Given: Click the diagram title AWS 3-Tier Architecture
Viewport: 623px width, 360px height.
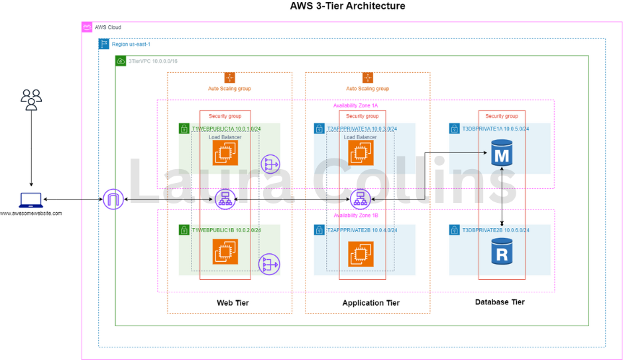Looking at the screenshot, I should coord(347,7).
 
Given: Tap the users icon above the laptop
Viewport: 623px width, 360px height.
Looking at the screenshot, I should coord(31,99).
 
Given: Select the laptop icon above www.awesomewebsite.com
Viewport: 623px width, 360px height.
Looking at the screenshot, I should coord(30,200).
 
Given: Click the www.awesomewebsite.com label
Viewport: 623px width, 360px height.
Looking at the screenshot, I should coord(30,213).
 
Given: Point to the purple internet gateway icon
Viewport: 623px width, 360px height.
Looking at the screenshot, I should coord(113,200).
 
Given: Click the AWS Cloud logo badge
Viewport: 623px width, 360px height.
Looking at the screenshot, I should coord(87,27).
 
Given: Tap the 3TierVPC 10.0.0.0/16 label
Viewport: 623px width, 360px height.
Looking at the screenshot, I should coord(148,61).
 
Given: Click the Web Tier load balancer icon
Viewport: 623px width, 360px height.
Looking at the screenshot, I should coord(225,199).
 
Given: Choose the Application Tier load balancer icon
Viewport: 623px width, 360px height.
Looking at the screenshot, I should coord(360,199).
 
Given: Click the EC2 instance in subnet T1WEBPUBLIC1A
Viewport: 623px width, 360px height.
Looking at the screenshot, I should coord(225,153).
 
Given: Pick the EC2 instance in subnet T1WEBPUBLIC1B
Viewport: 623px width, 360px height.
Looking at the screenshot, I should coord(225,252).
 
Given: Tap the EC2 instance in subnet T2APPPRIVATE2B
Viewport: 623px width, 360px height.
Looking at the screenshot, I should coord(360,252).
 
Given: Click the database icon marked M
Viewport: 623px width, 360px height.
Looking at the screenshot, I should coord(502,155).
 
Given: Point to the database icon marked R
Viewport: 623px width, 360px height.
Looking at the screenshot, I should coord(502,252).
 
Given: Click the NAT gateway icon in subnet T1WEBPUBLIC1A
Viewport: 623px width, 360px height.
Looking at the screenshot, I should coord(270,164).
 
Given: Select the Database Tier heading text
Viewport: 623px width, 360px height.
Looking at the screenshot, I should coord(500,302).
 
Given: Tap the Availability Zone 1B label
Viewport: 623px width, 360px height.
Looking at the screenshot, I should coord(356,215).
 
